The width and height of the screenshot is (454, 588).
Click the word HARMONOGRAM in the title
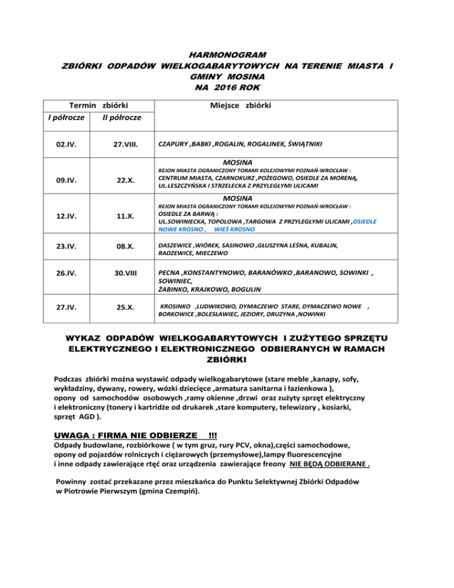[x=227, y=54]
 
